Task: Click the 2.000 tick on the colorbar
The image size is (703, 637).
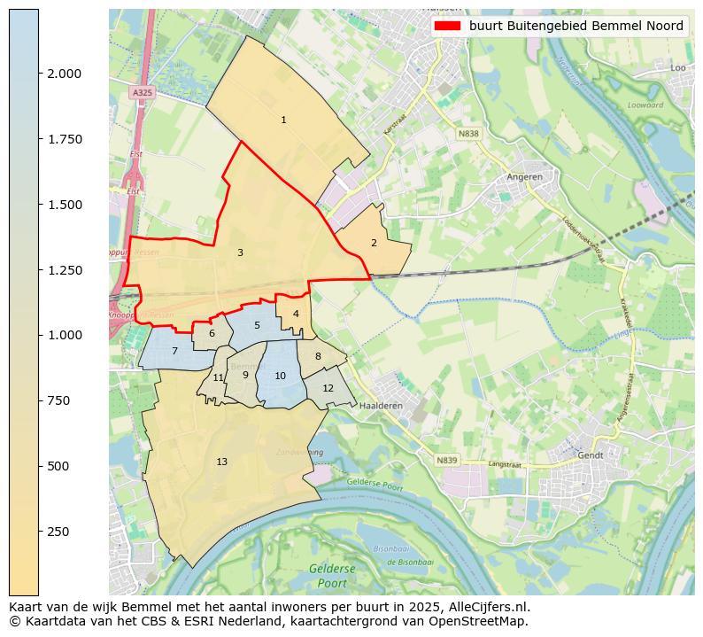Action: click(39, 74)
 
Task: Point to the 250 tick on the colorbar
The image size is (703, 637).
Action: click(39, 531)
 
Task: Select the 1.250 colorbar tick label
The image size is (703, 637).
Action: click(64, 270)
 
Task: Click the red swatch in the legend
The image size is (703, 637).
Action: click(449, 27)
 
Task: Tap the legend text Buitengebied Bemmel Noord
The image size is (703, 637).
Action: click(576, 27)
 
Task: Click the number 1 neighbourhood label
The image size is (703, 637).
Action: click(283, 120)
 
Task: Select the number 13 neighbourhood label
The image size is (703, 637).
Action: click(221, 462)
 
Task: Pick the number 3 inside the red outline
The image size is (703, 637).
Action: click(240, 253)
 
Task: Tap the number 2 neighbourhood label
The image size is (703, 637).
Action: click(374, 243)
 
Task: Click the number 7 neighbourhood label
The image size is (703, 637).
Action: click(174, 352)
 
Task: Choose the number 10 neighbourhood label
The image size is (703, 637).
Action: click(280, 376)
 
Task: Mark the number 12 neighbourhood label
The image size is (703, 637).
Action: click(328, 388)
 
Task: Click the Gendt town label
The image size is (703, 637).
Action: click(590, 454)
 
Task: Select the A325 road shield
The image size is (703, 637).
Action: click(141, 92)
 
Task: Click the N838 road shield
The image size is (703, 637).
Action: click(468, 134)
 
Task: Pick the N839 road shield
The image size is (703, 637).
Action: click(447, 460)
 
